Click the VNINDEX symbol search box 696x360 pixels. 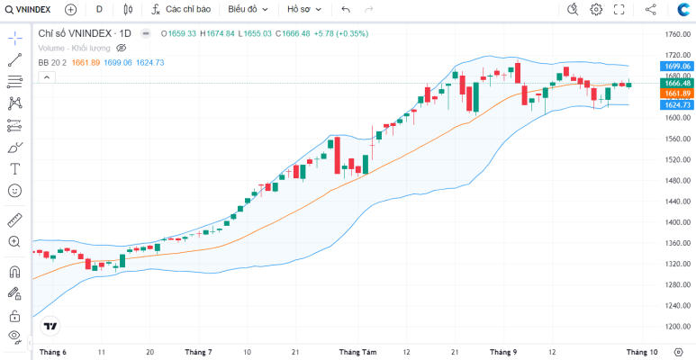[28, 9]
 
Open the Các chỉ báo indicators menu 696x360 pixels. [181, 9]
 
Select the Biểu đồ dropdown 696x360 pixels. [249, 9]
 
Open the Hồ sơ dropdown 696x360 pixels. [304, 9]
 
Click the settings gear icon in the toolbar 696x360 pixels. [596, 9]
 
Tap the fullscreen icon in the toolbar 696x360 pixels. [619, 9]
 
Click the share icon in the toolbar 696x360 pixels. [651, 9]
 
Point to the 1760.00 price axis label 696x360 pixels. [677, 34]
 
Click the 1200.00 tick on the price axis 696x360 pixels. [677, 327]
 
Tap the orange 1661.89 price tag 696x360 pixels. [676, 94]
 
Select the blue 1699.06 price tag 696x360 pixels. [676, 66]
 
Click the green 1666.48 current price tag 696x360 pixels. [676, 83]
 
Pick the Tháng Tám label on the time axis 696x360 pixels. [358, 352]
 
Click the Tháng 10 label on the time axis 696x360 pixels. [642, 352]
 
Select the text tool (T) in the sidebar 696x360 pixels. [15, 168]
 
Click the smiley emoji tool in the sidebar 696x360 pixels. [14, 191]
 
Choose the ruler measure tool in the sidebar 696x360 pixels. [14, 220]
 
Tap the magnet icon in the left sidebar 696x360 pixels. [14, 272]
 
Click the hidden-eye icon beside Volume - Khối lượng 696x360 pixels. [122, 48]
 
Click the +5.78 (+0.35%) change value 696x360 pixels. [341, 33]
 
